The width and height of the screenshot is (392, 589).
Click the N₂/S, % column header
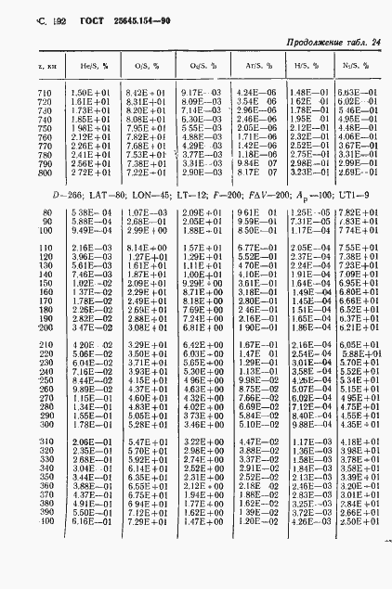[352, 67]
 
